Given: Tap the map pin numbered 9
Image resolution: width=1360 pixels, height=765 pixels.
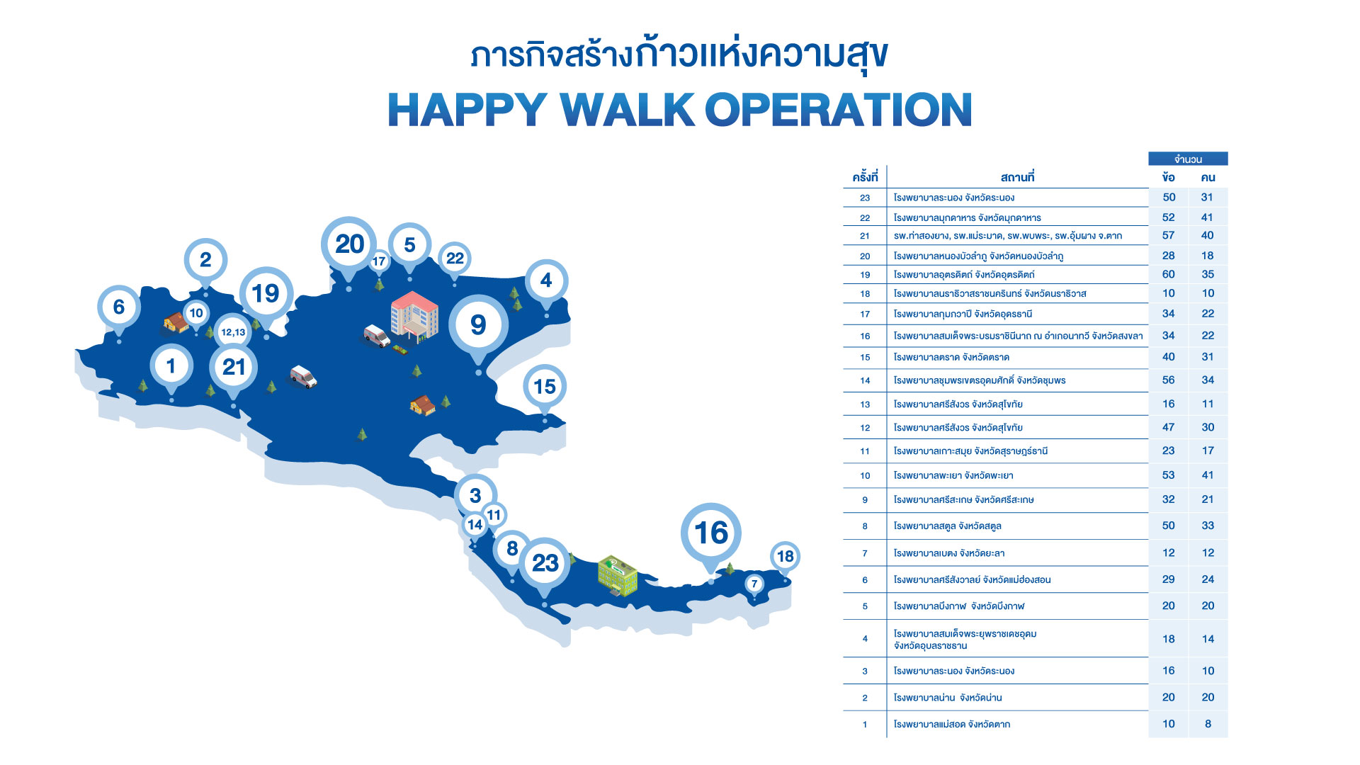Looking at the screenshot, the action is pos(478,325).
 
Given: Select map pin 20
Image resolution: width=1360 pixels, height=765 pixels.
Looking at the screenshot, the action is pos(349,245).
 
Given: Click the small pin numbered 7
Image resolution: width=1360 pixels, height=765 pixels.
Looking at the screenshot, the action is pos(754,584).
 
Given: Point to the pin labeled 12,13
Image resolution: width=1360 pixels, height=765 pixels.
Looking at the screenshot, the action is pos(233,332).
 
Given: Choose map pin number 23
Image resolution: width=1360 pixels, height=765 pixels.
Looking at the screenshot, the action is pos(545,564).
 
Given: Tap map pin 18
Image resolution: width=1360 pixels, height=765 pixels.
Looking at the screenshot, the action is pos(785,557).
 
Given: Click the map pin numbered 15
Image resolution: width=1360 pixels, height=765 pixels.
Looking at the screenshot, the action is pos(545,387).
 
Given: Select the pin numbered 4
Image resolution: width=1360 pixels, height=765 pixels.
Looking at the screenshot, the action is pos(546,281).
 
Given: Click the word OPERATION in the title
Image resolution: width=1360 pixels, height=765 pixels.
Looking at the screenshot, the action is pos(838,110).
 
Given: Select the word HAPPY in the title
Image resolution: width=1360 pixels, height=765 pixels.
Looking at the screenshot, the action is pos(467,110).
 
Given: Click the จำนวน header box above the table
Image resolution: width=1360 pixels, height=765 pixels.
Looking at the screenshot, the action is pos(1188,159).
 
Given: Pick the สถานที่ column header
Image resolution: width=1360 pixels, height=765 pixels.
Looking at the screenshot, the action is pos(1018,177).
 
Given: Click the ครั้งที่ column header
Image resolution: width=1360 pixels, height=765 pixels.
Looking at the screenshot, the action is pos(865,177).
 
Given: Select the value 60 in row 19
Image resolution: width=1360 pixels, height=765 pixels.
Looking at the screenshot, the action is pos(1169,274).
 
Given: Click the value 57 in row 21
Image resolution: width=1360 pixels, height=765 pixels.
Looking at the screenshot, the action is pos(1169,235).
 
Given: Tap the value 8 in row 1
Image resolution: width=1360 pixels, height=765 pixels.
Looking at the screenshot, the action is pos(1208,724).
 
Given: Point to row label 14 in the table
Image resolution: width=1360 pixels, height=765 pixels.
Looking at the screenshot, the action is pos(865,380).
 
